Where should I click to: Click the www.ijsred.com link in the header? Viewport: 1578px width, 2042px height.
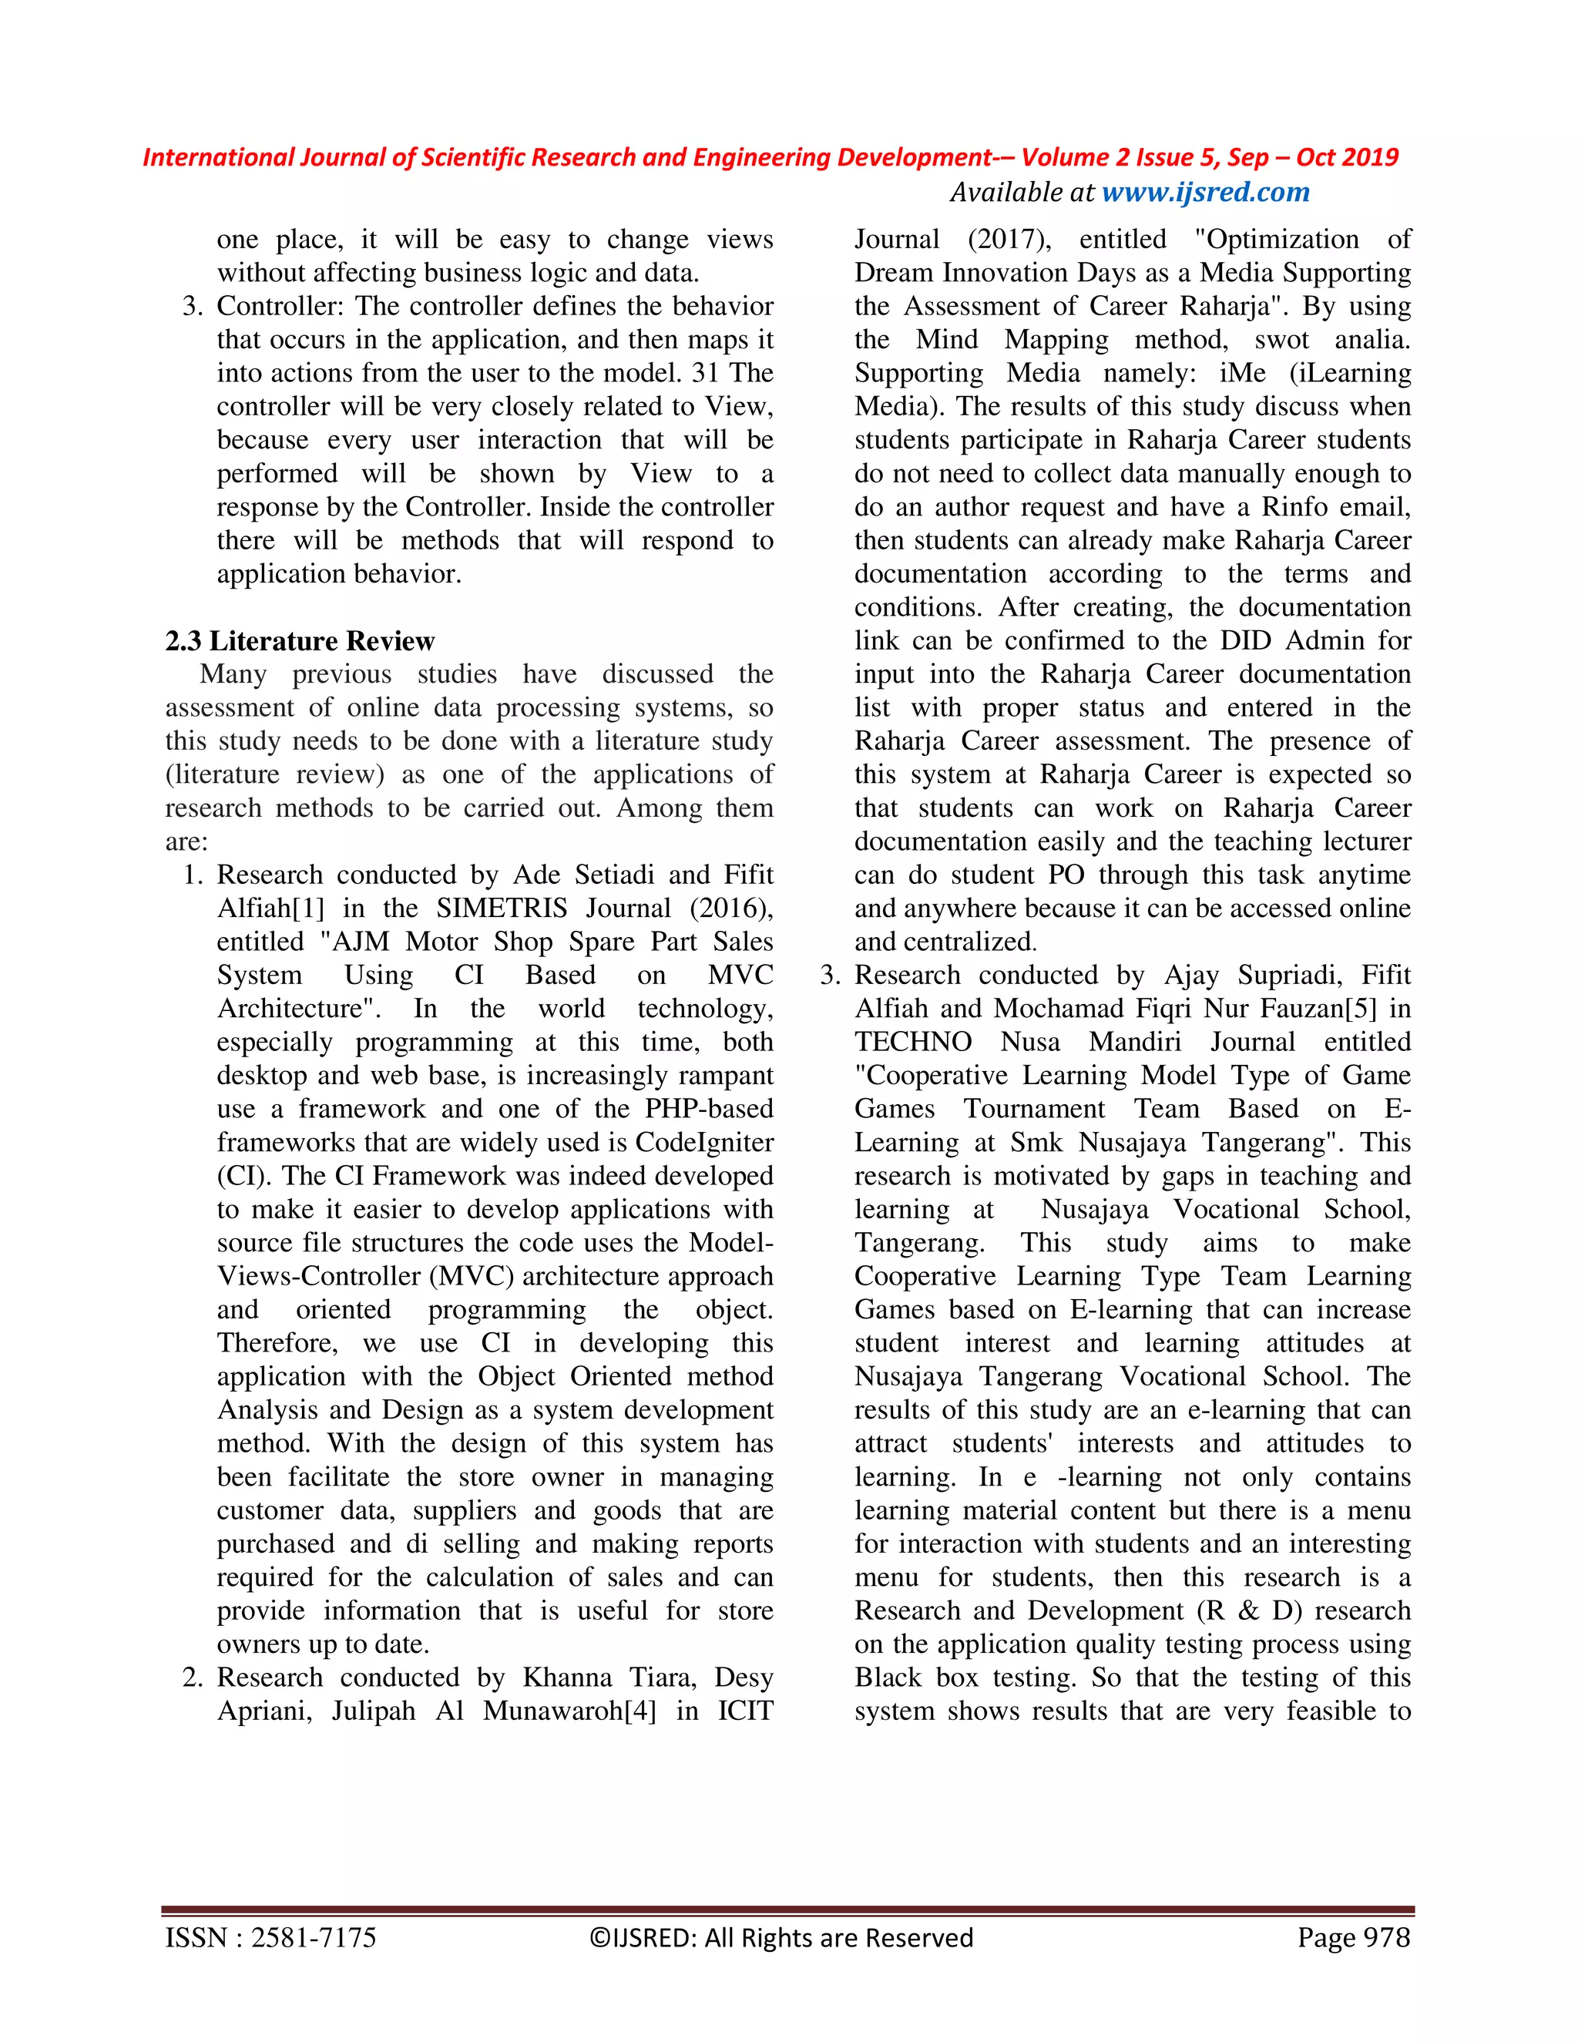[x=1205, y=193]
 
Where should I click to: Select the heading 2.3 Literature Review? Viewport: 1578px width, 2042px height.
[x=299, y=641]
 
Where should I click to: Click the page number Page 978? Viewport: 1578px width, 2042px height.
[x=1353, y=1936]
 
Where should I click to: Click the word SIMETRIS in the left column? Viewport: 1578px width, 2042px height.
[x=501, y=908]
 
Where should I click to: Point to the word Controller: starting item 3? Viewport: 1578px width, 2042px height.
[x=280, y=307]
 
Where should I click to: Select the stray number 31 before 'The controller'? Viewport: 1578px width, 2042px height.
[x=705, y=373]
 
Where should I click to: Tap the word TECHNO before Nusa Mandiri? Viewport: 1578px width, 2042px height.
[x=912, y=1043]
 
